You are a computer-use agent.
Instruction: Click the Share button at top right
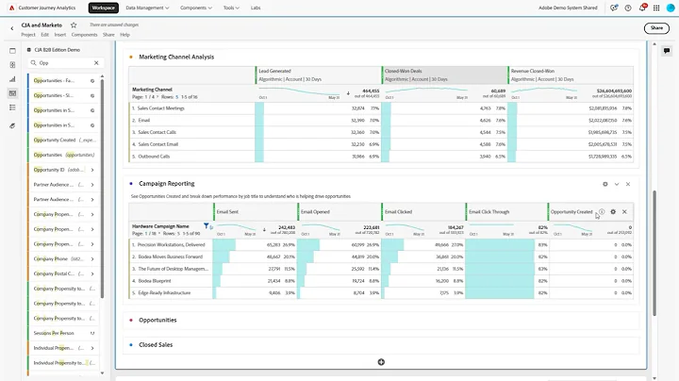point(655,28)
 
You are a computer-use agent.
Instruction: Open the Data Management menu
point(146,7)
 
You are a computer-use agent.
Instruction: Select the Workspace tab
point(103,7)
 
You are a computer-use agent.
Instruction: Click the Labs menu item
point(255,7)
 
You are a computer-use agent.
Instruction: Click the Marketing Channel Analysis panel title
point(176,57)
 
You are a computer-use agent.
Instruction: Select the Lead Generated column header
point(275,70)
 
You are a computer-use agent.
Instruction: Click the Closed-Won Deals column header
point(404,70)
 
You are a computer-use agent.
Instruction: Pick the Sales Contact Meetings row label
point(170,108)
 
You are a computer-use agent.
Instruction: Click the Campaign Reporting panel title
point(167,184)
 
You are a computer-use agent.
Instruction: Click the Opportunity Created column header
point(571,212)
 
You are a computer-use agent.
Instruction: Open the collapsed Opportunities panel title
point(157,321)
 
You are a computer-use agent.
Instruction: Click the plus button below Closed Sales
point(381,362)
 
